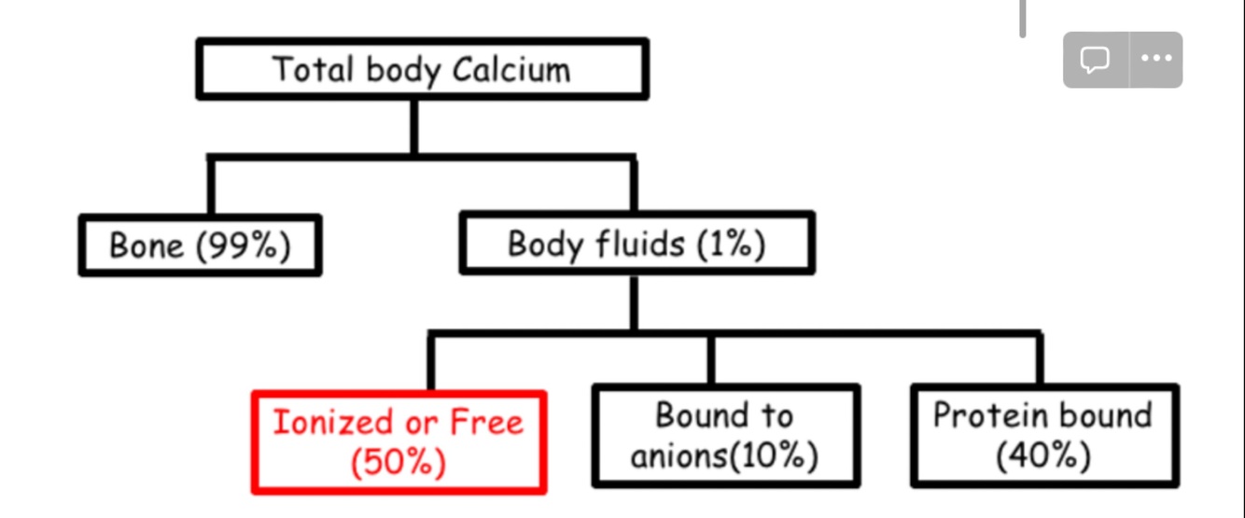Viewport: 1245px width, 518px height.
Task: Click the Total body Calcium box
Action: pyautogui.click(x=422, y=69)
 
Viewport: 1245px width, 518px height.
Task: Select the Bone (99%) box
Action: pyautogui.click(x=200, y=245)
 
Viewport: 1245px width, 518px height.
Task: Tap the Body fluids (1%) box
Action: pyautogui.click(x=636, y=244)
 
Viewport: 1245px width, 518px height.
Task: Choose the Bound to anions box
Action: pyautogui.click(x=725, y=436)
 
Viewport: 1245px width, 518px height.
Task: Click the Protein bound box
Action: pyautogui.click(x=1043, y=436)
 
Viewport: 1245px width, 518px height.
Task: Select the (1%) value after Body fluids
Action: pyautogui.click(x=731, y=245)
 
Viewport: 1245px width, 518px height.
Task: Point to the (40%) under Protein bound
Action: pyautogui.click(x=1043, y=457)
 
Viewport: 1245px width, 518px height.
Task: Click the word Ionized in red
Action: pyautogui.click(x=327, y=423)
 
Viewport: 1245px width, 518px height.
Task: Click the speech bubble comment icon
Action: pyautogui.click(x=1095, y=60)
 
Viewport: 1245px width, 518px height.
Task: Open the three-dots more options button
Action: pyautogui.click(x=1156, y=60)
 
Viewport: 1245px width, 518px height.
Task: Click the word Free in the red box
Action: pyautogui.click(x=486, y=423)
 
